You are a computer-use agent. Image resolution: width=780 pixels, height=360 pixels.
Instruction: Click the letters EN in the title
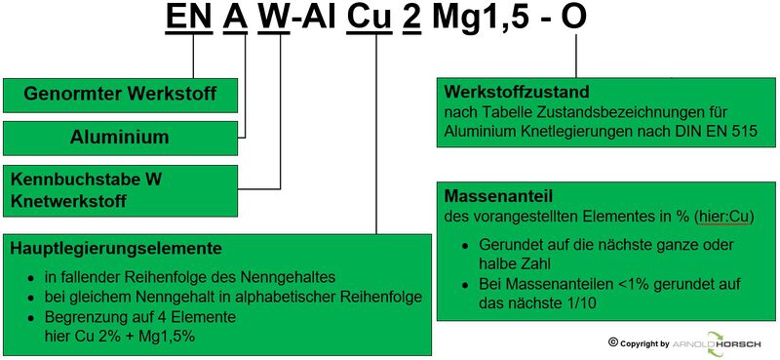click(x=191, y=20)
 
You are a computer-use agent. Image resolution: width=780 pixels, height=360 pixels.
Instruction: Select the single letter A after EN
click(x=235, y=20)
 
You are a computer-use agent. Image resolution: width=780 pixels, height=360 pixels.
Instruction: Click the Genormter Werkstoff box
click(x=120, y=96)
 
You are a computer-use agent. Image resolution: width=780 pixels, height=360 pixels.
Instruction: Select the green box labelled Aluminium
click(x=120, y=139)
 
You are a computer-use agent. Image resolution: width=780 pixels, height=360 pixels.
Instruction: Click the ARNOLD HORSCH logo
click(x=721, y=343)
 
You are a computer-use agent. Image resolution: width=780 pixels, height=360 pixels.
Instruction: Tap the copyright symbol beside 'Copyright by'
click(x=613, y=342)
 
